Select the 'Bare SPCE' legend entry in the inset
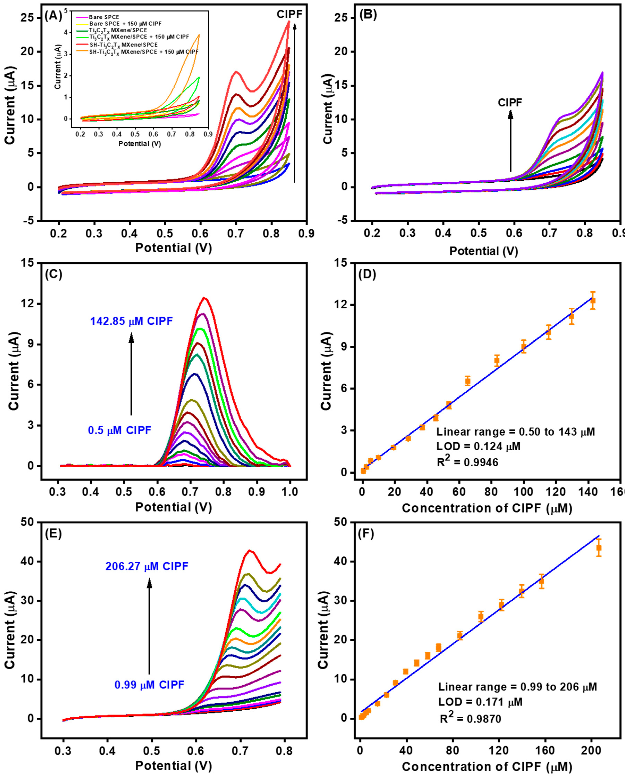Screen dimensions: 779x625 click(x=104, y=17)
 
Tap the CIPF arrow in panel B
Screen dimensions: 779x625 click(x=510, y=141)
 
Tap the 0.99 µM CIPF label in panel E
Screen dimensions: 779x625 click(x=149, y=685)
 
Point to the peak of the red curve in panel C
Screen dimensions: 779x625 click(x=205, y=298)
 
